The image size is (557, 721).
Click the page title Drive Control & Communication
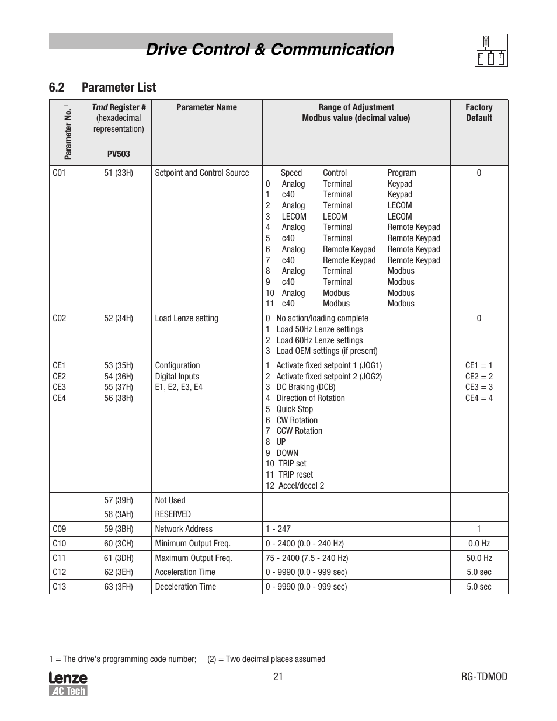pyautogui.click(x=270, y=50)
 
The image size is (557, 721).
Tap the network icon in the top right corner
pyautogui.click(x=490, y=50)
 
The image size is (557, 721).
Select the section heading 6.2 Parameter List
pyautogui.click(x=102, y=88)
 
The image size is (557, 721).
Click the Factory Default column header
pyautogui.click(x=479, y=113)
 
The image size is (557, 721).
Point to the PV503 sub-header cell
pyautogui.click(x=119, y=155)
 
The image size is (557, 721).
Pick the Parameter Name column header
pyautogui.click(x=207, y=107)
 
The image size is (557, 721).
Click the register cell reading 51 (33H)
pyautogui.click(x=119, y=173)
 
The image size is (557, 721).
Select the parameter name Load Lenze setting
pyautogui.click(x=186, y=318)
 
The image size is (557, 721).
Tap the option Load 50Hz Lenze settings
pyautogui.click(x=319, y=329)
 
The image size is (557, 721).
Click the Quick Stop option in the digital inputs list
pyautogui.click(x=294, y=409)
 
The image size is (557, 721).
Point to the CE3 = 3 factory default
pyautogui.click(x=479, y=387)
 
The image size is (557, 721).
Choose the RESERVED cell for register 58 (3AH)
pyautogui.click(x=173, y=514)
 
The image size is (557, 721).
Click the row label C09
pyautogui.click(x=60, y=529)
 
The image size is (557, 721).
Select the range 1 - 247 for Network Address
pyautogui.click(x=278, y=529)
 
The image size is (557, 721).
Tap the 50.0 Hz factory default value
pyautogui.click(x=479, y=558)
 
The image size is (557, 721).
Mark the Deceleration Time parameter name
pyautogui.click(x=185, y=587)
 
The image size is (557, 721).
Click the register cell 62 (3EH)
pyautogui.click(x=119, y=572)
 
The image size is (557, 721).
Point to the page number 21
pyautogui.click(x=278, y=677)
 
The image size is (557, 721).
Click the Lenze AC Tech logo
pyautogui.click(x=68, y=684)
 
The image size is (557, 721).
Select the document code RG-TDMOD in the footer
pyautogui.click(x=484, y=677)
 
